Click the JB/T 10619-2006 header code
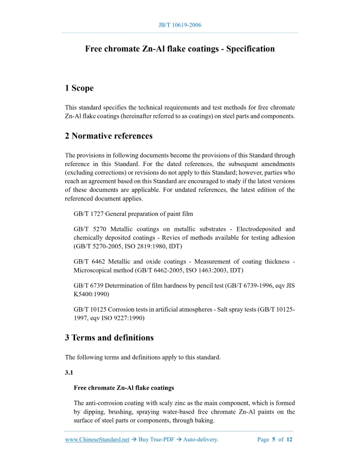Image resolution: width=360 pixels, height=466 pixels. (180, 25)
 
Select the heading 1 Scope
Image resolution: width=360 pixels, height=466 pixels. (79, 88)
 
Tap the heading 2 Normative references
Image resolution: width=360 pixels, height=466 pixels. (109, 136)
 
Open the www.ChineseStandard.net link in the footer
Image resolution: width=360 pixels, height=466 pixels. (97, 440)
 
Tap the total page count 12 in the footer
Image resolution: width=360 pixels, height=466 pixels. (290, 440)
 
